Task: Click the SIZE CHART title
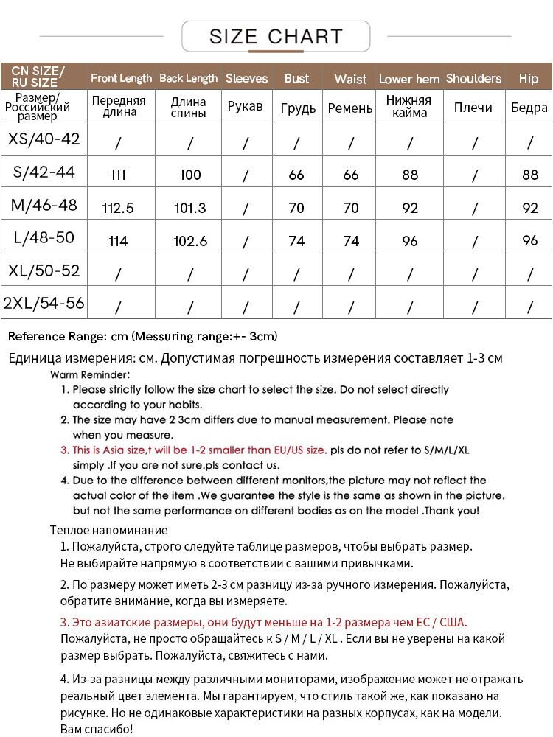(x=276, y=36)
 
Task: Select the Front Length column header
(x=121, y=78)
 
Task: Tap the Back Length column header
(x=189, y=78)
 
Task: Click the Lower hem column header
(x=409, y=79)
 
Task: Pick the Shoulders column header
(x=473, y=78)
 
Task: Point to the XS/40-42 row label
(x=44, y=139)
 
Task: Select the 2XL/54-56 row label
(x=44, y=303)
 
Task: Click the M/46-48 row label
(x=44, y=205)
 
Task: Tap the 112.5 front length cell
(x=118, y=209)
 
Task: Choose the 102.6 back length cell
(x=189, y=241)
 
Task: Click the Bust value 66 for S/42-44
(x=296, y=175)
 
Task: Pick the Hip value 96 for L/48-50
(x=529, y=241)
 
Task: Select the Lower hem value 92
(x=410, y=209)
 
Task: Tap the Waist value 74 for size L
(x=351, y=241)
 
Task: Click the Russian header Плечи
(x=473, y=108)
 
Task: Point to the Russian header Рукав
(x=245, y=108)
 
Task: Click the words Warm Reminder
(x=90, y=374)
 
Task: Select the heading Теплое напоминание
(x=108, y=530)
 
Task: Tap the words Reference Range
(x=56, y=337)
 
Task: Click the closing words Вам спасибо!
(x=96, y=729)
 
